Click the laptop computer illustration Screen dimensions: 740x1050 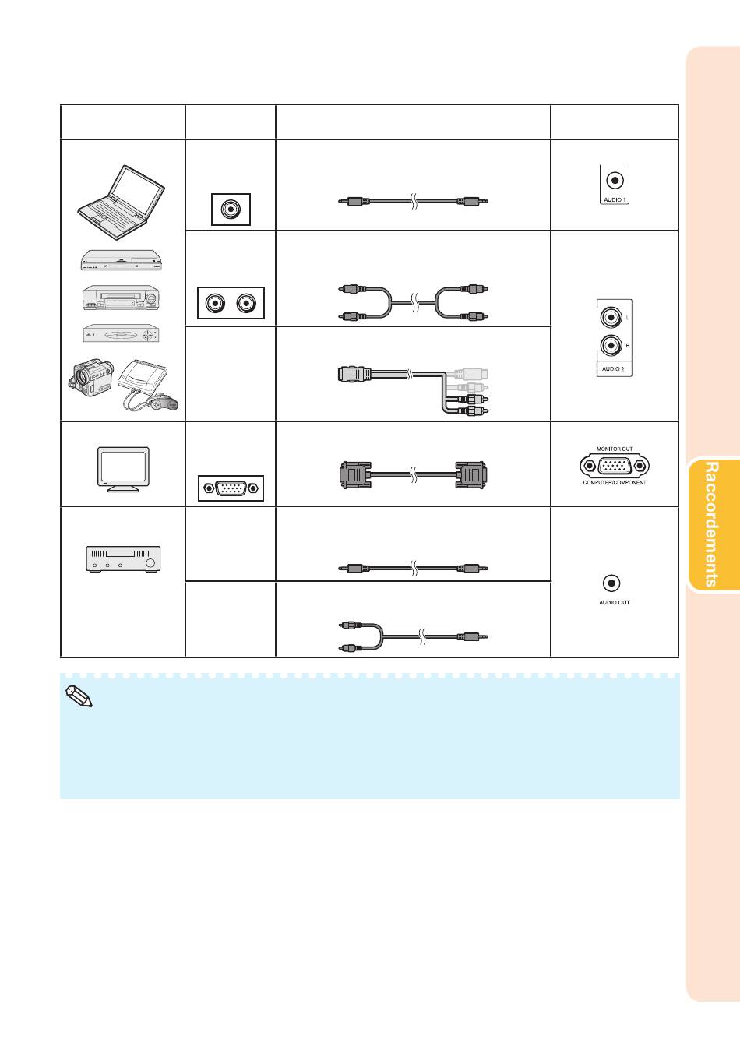click(x=121, y=202)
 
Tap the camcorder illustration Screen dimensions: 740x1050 click(x=91, y=377)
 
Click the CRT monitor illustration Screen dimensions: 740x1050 click(x=123, y=469)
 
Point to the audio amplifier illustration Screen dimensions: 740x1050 click(x=123, y=558)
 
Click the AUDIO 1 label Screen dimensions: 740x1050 click(x=615, y=199)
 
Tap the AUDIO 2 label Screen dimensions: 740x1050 click(x=613, y=369)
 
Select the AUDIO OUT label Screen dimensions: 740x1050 click(x=614, y=602)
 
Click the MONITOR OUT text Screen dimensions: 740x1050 click(x=615, y=449)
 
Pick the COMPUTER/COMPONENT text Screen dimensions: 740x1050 click(x=615, y=482)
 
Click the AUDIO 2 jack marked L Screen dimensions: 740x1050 click(x=611, y=317)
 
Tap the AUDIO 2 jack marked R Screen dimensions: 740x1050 click(x=611, y=346)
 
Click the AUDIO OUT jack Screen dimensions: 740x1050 click(x=611, y=583)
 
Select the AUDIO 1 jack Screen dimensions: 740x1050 click(x=615, y=181)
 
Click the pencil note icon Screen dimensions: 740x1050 click(x=79, y=696)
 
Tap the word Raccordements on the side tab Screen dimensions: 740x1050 click(x=711, y=524)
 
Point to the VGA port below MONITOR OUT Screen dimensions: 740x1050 click(x=615, y=466)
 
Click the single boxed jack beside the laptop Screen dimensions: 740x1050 click(x=231, y=209)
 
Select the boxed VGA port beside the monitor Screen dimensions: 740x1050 click(x=231, y=488)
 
